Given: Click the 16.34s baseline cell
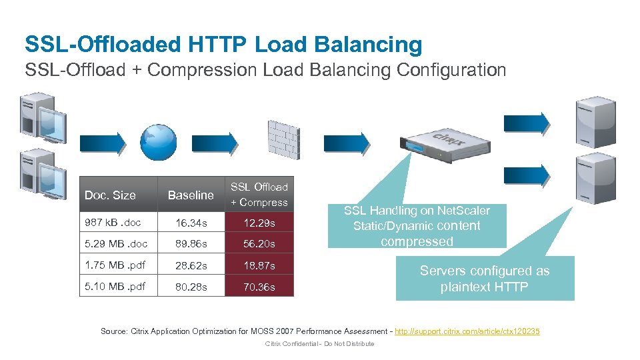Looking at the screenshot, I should (x=191, y=223).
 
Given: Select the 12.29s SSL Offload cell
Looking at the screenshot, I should (x=259, y=223).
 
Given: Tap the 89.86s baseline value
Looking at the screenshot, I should (x=191, y=244).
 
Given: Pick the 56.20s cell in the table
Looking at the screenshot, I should (x=259, y=244).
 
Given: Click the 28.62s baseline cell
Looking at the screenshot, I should (x=191, y=265).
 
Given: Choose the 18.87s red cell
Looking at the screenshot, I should (x=259, y=265).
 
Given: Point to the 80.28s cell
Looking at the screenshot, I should (x=191, y=287).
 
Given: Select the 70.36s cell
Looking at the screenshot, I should (x=259, y=287).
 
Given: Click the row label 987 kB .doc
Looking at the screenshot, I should (x=113, y=223).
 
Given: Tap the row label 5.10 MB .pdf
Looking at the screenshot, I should (x=115, y=287).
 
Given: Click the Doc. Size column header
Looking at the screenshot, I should (x=110, y=195).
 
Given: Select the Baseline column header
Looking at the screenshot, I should (x=191, y=195).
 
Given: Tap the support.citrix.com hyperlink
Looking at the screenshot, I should (x=467, y=331).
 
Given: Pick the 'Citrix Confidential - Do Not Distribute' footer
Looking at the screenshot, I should (x=319, y=344).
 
